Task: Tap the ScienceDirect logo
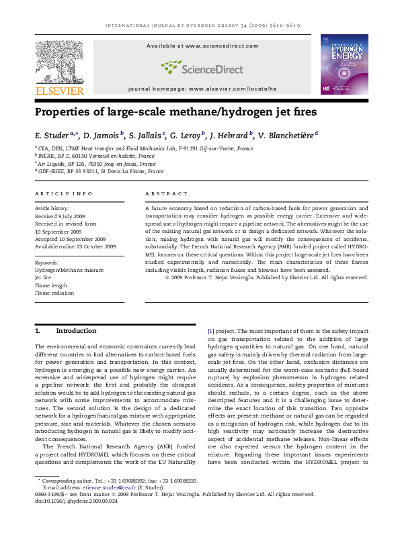point(202,66)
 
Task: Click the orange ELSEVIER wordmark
point(59,91)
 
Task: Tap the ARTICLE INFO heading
point(64,194)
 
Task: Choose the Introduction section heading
point(76,331)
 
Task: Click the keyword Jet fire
point(43,277)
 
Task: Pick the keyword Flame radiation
point(54,293)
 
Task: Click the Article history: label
point(52,209)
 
